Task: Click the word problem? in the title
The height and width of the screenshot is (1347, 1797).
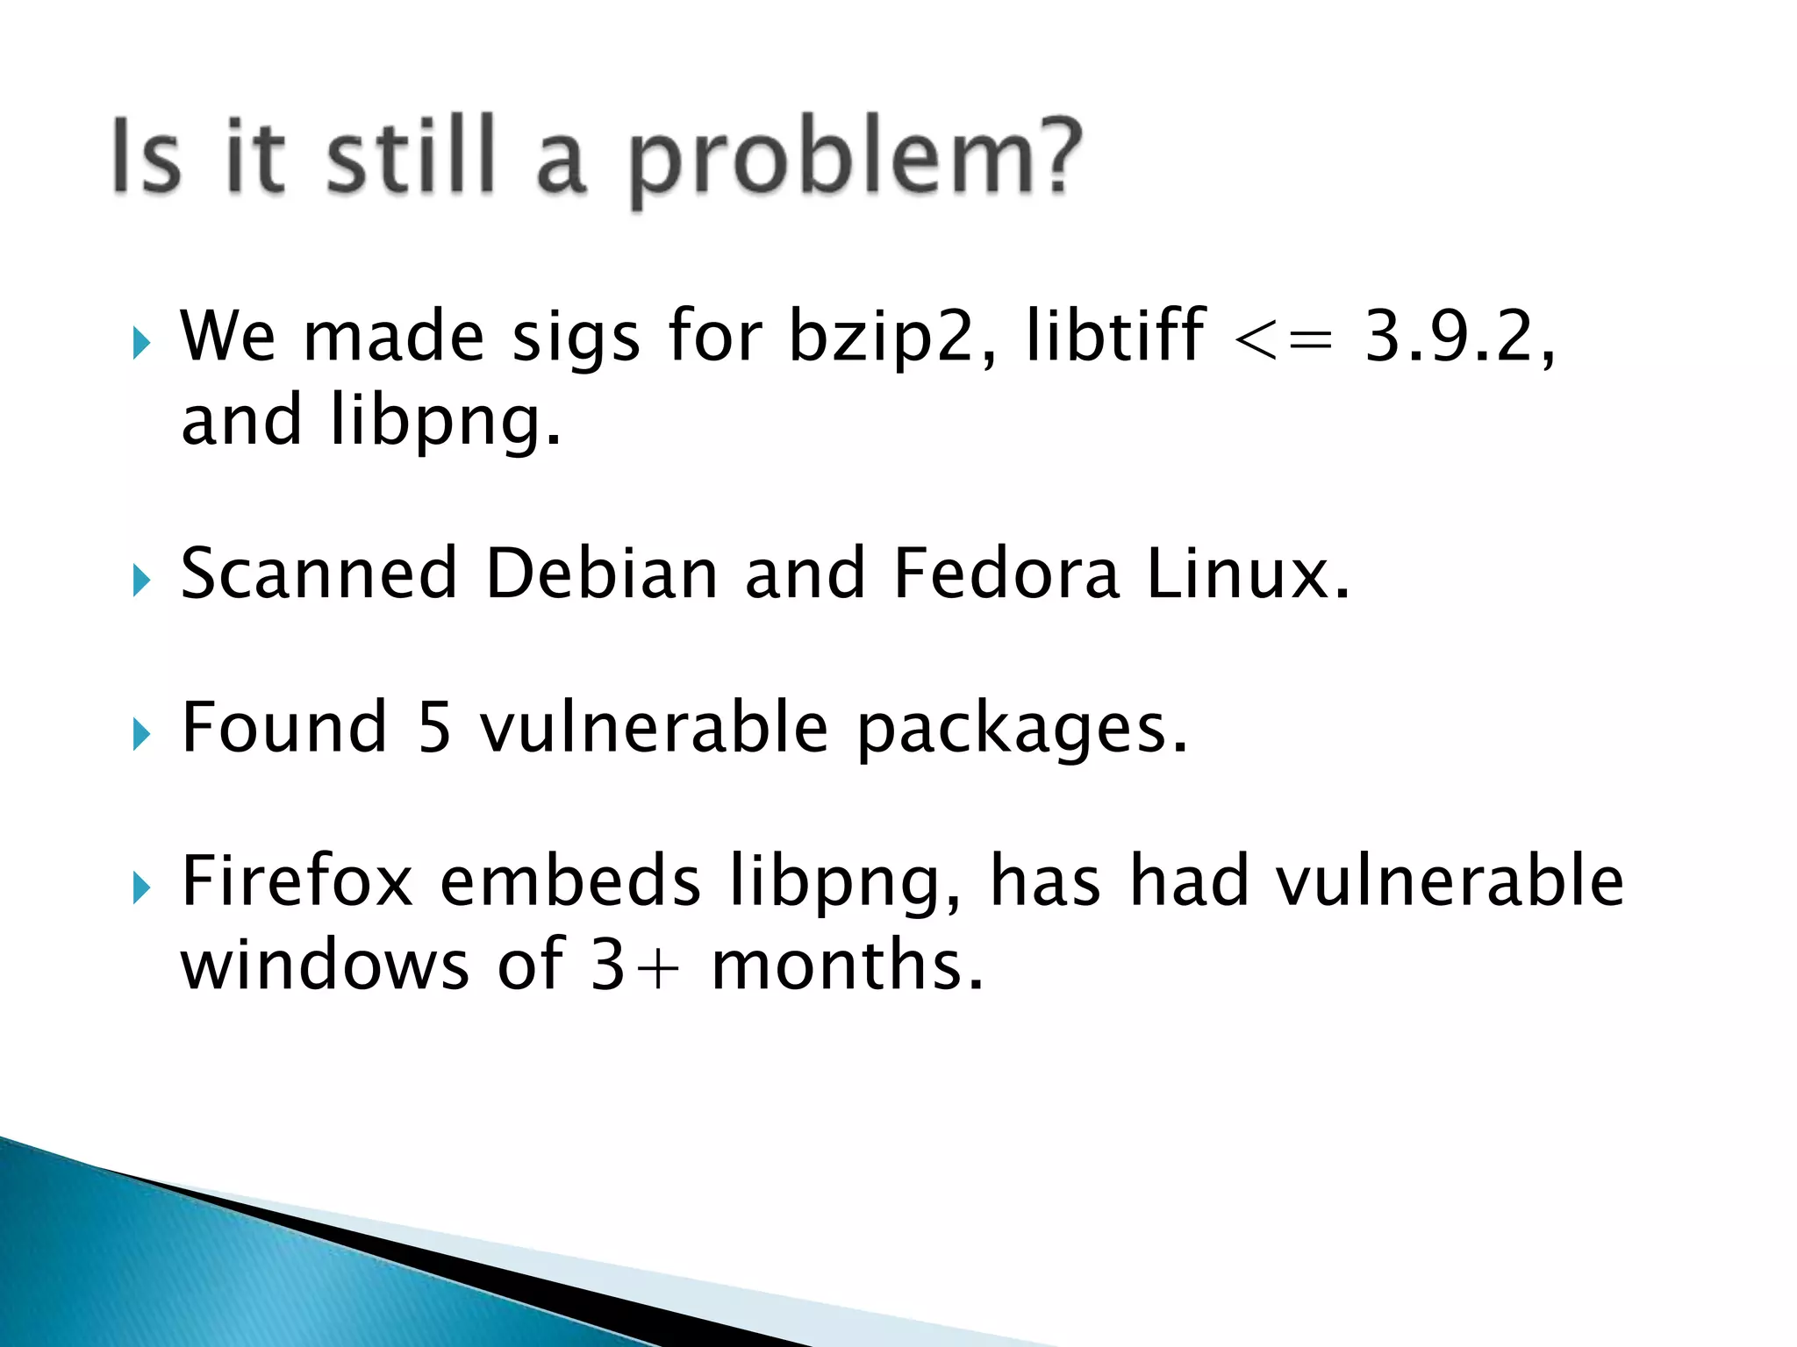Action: [856, 162]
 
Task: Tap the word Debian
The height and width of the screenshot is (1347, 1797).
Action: [601, 574]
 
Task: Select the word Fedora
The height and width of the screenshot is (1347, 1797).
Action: [1006, 574]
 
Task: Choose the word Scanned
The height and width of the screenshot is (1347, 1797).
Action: [319, 574]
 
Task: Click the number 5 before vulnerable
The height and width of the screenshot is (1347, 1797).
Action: [433, 728]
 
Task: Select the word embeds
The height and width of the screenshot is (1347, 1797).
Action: [570, 881]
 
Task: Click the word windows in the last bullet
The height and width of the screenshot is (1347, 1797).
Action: [325, 965]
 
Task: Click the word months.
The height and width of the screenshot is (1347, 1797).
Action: [847, 965]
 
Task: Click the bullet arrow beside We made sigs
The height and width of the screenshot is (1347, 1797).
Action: [141, 343]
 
